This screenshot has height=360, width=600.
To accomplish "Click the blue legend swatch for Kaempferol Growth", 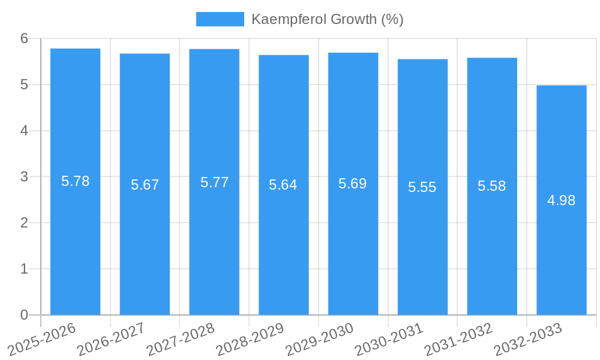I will [x=220, y=19].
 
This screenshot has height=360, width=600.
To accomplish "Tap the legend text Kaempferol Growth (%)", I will [x=327, y=19].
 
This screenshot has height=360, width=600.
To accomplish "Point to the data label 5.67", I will [x=145, y=185].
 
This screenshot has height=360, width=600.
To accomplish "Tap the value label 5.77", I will [x=214, y=182].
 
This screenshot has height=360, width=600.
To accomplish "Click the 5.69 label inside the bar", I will [x=353, y=184].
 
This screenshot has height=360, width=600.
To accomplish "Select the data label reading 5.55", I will [x=422, y=187].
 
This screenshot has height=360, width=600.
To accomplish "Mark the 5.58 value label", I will [x=492, y=186].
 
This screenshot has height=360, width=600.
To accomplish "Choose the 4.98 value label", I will [x=562, y=200].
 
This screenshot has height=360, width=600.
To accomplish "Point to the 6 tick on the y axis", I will [x=25, y=38].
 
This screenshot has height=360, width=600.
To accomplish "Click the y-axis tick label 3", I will [x=25, y=177].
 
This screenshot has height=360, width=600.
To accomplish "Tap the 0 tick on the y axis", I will [x=25, y=315].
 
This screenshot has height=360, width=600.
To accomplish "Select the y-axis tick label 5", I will [x=25, y=85].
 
